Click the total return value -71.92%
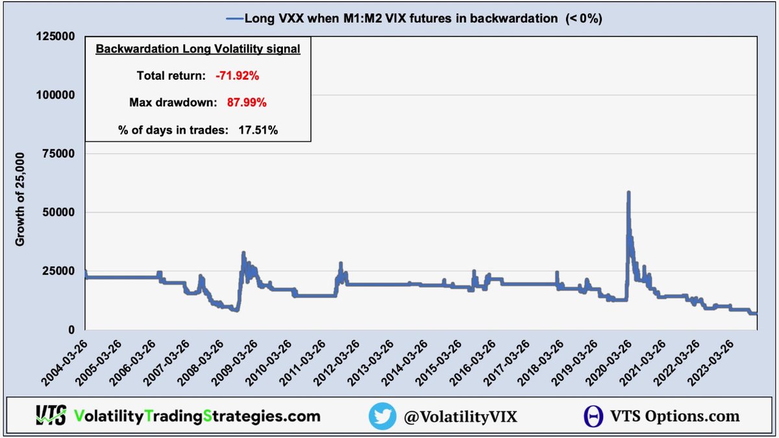(238, 76)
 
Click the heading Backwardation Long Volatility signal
(197, 49)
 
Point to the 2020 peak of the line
(628, 193)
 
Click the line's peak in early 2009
(243, 253)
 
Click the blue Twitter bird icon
(382, 416)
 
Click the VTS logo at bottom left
(51, 416)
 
